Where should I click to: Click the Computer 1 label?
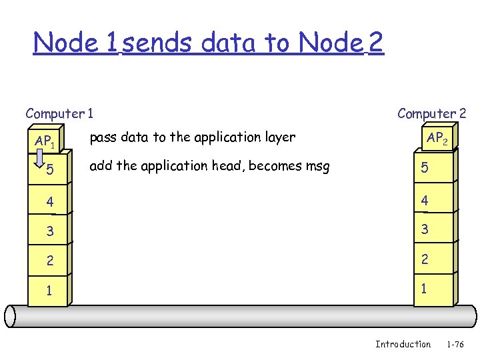tap(59, 113)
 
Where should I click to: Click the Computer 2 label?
tap(431, 113)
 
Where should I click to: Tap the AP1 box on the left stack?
tap(48, 141)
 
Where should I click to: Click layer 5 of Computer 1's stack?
tap(48, 171)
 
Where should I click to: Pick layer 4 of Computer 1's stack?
tap(48, 200)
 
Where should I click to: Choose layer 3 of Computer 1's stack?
tap(48, 231)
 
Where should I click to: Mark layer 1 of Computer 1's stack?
tap(48, 291)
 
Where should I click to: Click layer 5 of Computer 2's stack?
tap(433, 169)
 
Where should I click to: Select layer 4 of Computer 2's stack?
tap(433, 199)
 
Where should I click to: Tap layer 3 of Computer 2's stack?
tap(433, 230)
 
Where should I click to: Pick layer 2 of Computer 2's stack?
tap(433, 261)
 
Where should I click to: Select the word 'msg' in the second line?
tap(315, 166)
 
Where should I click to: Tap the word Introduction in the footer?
tap(403, 344)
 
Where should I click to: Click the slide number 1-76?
tap(455, 344)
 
